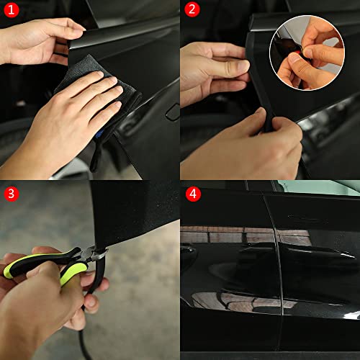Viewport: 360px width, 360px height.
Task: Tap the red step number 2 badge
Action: pos(192,10)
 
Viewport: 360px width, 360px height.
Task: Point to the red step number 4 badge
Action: pos(192,193)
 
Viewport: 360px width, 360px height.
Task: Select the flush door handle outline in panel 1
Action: pos(171,112)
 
